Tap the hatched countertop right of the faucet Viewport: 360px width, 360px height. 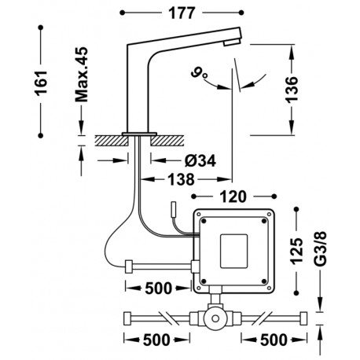(169, 141)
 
